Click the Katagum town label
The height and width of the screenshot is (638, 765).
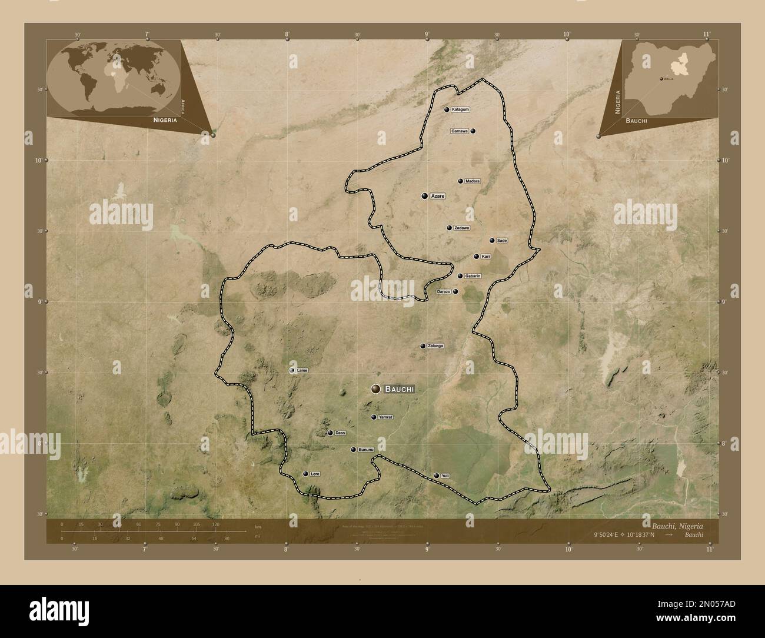click(461, 109)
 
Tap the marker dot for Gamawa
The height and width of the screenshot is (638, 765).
click(473, 131)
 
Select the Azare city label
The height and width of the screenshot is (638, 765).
click(437, 195)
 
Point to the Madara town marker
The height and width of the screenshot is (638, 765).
click(460, 181)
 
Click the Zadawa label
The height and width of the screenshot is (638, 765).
click(461, 228)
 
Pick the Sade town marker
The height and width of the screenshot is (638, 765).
click(492, 241)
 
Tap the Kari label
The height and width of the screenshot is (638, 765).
click(485, 257)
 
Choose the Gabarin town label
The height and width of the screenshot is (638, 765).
click(473, 276)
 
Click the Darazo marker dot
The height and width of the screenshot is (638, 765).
click(455, 291)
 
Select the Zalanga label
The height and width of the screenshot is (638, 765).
click(435, 346)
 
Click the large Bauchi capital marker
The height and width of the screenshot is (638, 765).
click(375, 388)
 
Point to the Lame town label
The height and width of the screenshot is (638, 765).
click(302, 371)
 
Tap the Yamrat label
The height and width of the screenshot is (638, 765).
click(385, 417)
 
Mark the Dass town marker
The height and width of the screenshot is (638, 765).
click(330, 433)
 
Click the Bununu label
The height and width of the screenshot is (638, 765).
click(366, 450)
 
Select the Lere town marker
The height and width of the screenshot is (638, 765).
click(305, 474)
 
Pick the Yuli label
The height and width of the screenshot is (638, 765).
click(444, 476)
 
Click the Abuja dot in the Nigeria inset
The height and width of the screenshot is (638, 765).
click(661, 78)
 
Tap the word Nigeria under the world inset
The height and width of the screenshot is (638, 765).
click(165, 119)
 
